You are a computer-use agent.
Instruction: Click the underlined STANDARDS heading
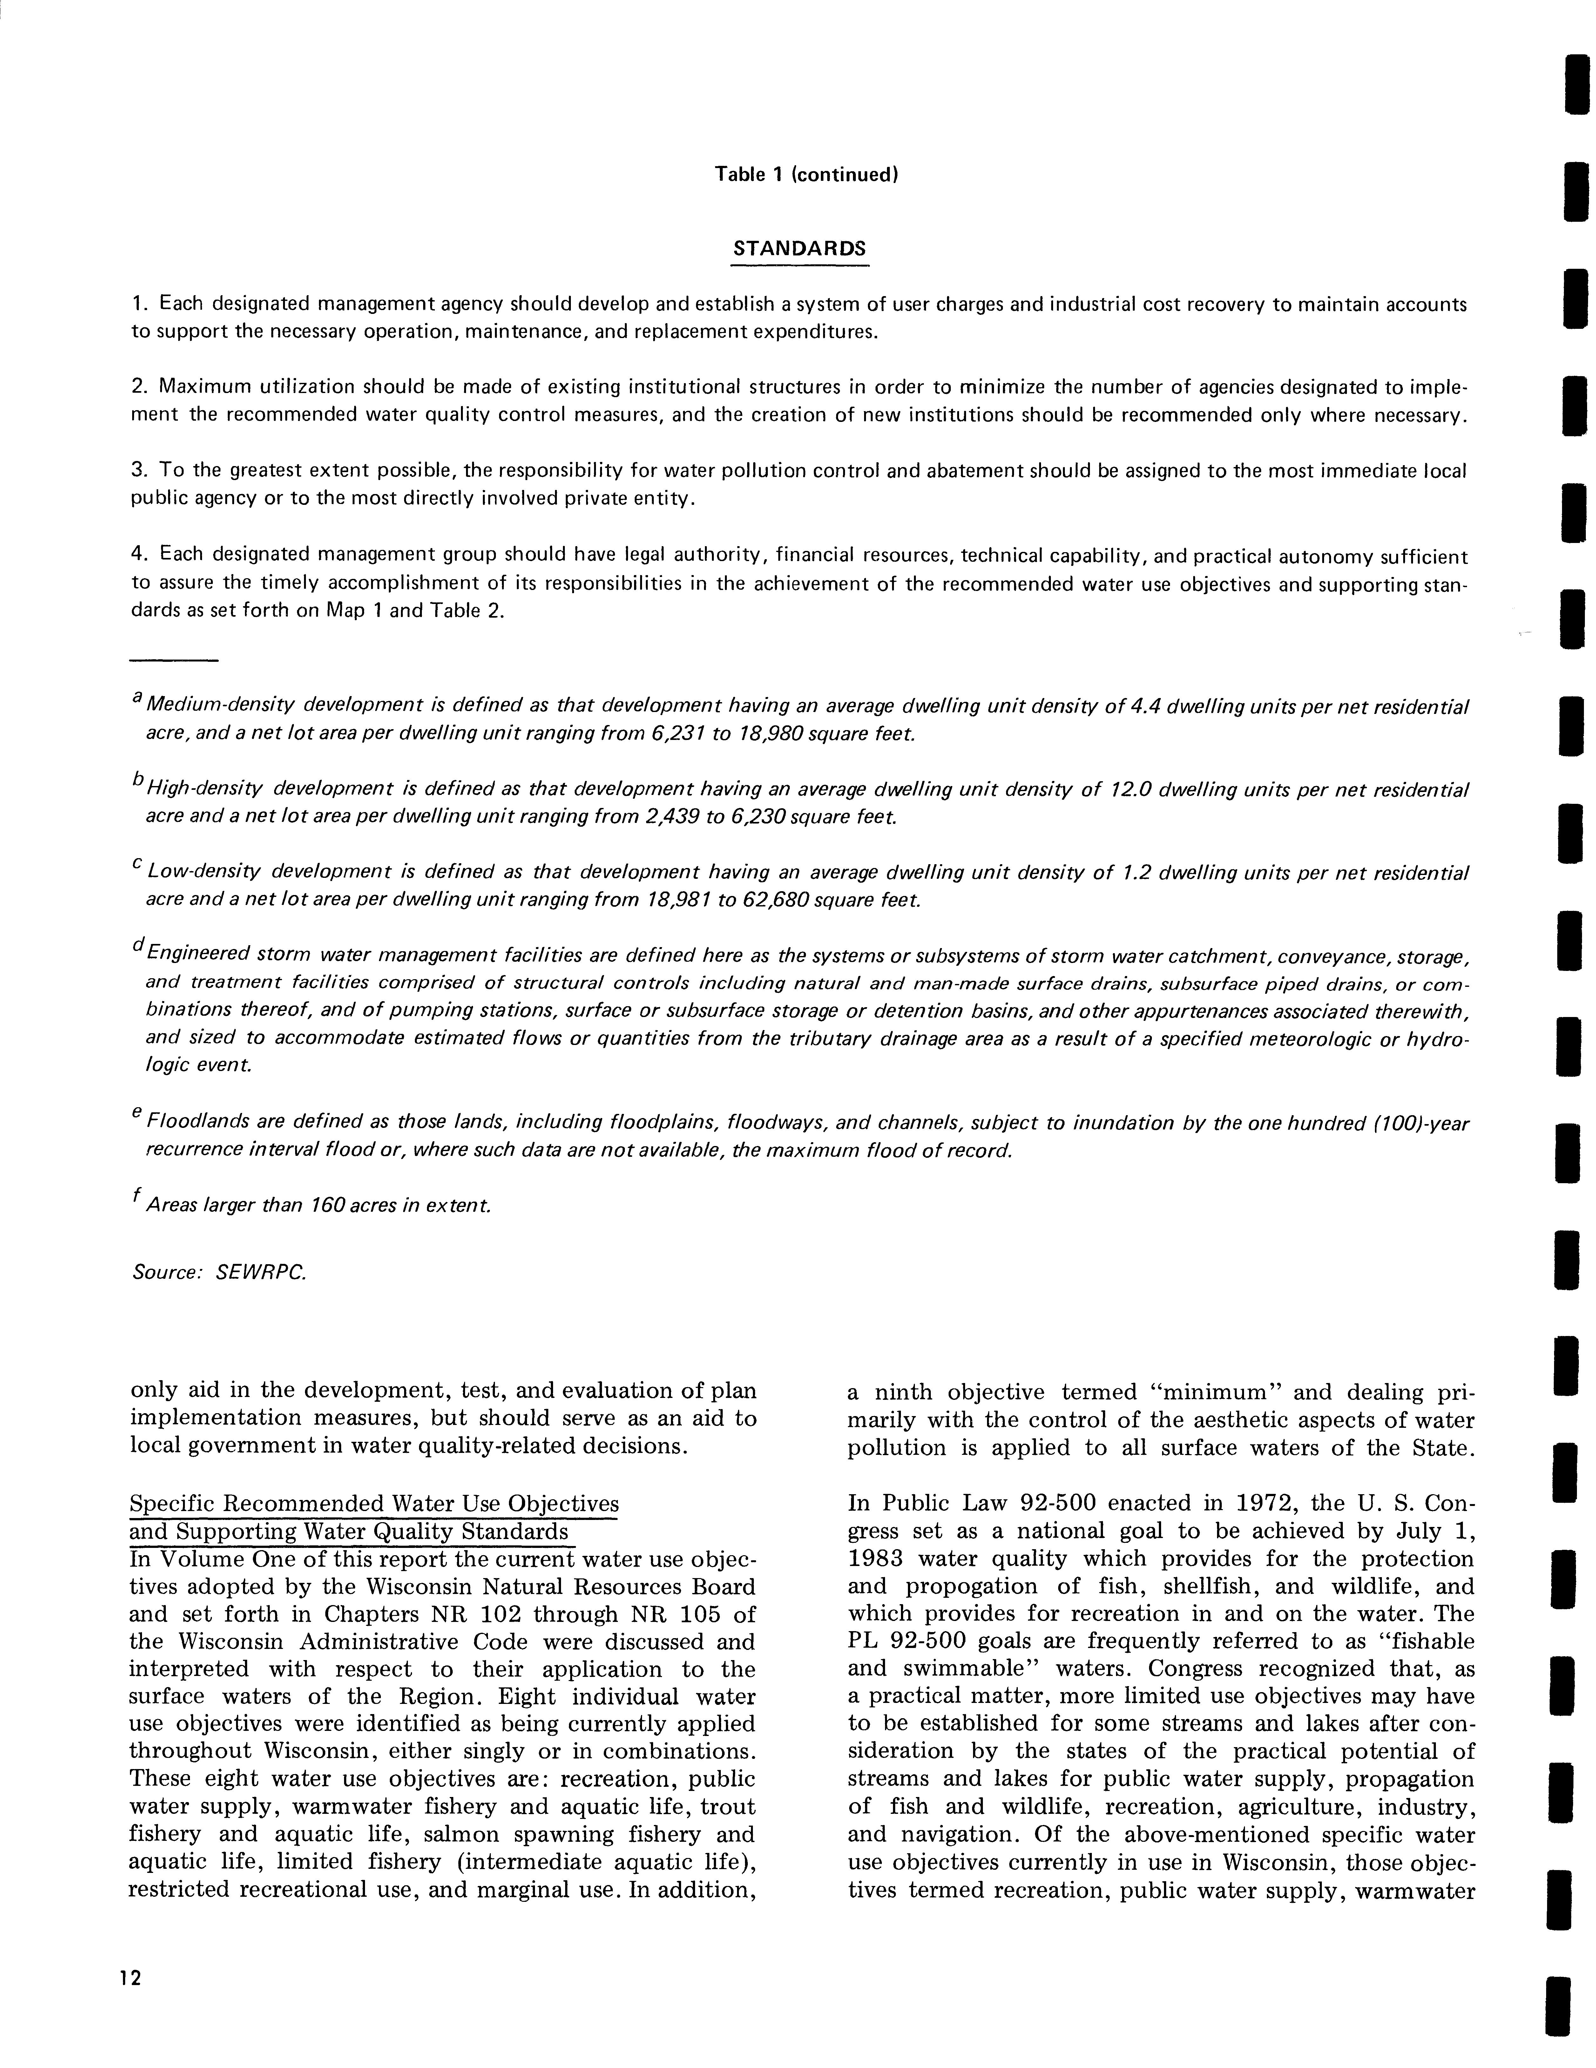pyautogui.click(x=800, y=249)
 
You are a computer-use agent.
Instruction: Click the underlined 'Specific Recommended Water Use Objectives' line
pyautogui.click(x=374, y=1504)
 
